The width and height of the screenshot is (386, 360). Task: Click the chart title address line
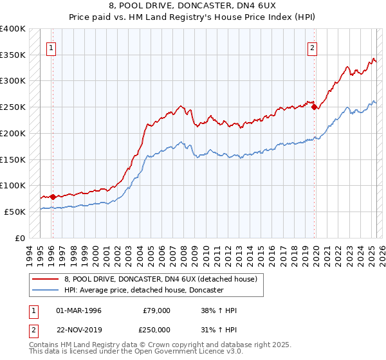(x=193, y=6)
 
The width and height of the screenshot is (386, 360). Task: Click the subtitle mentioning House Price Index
(x=193, y=18)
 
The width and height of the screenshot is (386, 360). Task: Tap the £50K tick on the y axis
(x=15, y=212)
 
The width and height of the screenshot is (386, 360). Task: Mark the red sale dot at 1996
(x=53, y=197)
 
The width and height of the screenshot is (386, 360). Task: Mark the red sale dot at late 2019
(x=315, y=107)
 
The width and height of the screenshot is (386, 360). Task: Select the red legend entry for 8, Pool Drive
(x=160, y=279)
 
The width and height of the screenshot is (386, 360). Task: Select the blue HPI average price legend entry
(x=143, y=291)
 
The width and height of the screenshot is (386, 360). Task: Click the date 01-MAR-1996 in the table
(x=79, y=310)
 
